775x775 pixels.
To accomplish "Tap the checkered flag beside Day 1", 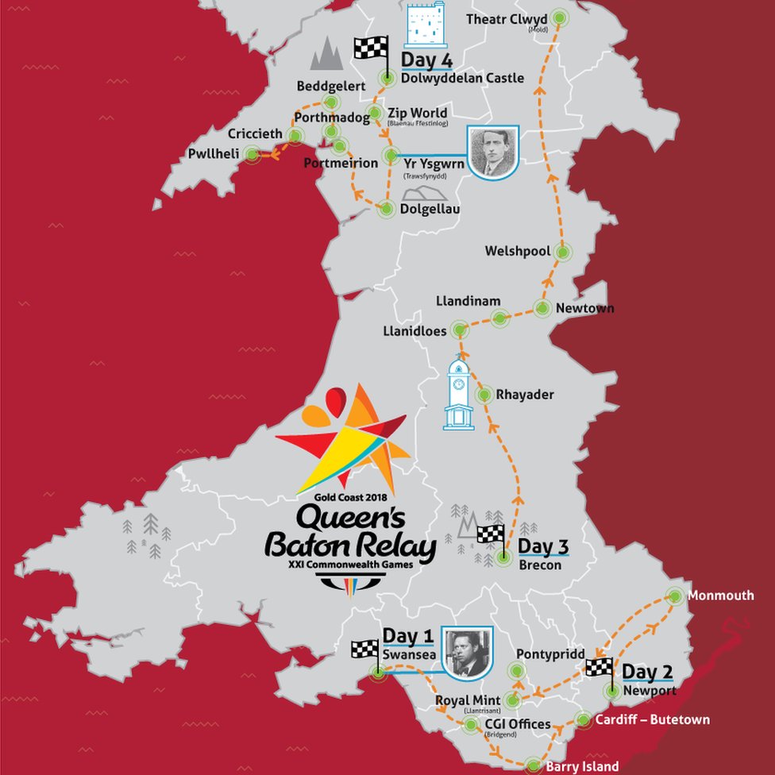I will click(365, 650).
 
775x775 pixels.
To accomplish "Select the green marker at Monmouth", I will click(675, 596).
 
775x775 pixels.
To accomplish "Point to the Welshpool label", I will click(518, 251).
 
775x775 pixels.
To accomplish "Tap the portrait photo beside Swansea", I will click(467, 653).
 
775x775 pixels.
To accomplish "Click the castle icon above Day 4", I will click(423, 25).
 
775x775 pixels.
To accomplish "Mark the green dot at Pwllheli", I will click(253, 154).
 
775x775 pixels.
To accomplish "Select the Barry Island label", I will click(582, 767).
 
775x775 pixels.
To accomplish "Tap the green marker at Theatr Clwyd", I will click(561, 17).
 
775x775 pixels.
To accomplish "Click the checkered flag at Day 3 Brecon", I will click(491, 534).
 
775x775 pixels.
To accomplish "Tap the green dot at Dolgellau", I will click(387, 210).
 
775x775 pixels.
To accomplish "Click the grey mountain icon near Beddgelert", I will click(326, 54).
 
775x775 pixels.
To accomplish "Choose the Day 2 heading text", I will click(647, 672).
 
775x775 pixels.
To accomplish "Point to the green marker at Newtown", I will click(543, 308).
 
